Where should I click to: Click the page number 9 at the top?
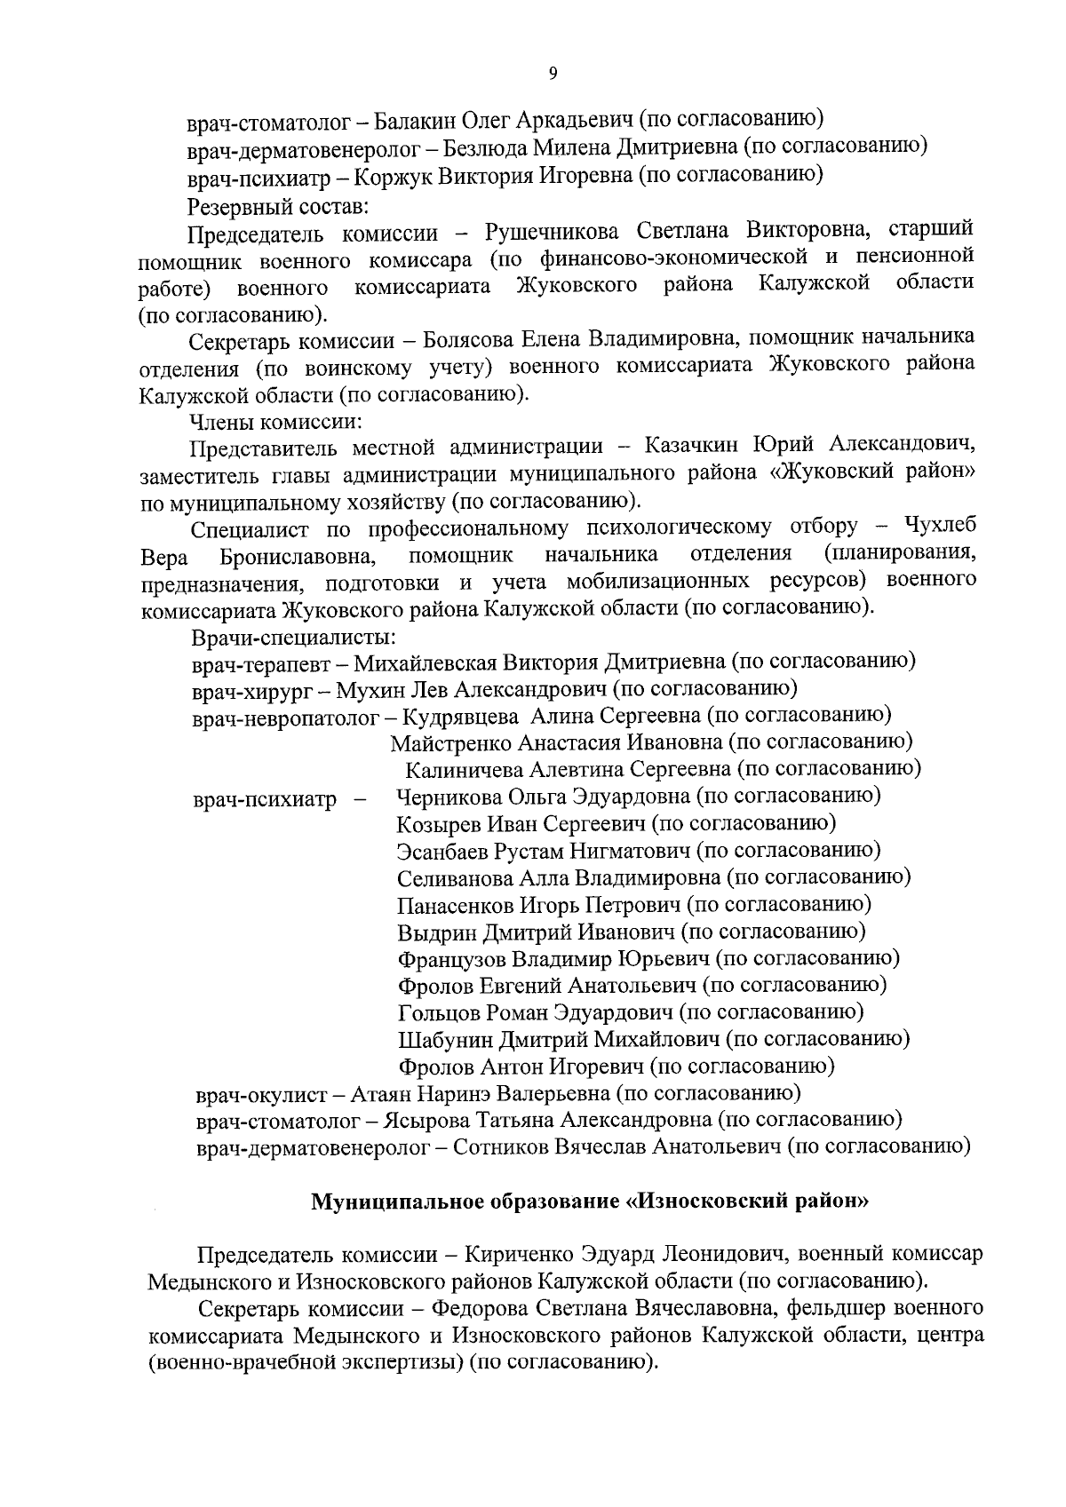(553, 75)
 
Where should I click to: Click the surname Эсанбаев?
(442, 851)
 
